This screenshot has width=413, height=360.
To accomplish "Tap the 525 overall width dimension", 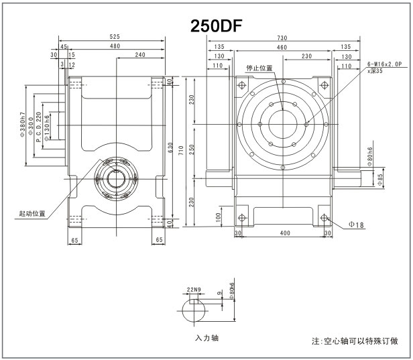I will pos(115,38).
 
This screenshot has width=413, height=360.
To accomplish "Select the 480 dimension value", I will pos(115,47).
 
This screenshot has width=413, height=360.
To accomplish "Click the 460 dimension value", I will pos(282,47).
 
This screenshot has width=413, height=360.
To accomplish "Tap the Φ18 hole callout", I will pos(356,225).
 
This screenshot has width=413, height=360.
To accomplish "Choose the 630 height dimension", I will pos(179,149).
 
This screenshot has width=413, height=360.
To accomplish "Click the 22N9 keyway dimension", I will pos(194,290).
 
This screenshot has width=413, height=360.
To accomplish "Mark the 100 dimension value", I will pos(219,217).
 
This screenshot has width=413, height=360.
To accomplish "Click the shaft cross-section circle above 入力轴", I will pos(197,312).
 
